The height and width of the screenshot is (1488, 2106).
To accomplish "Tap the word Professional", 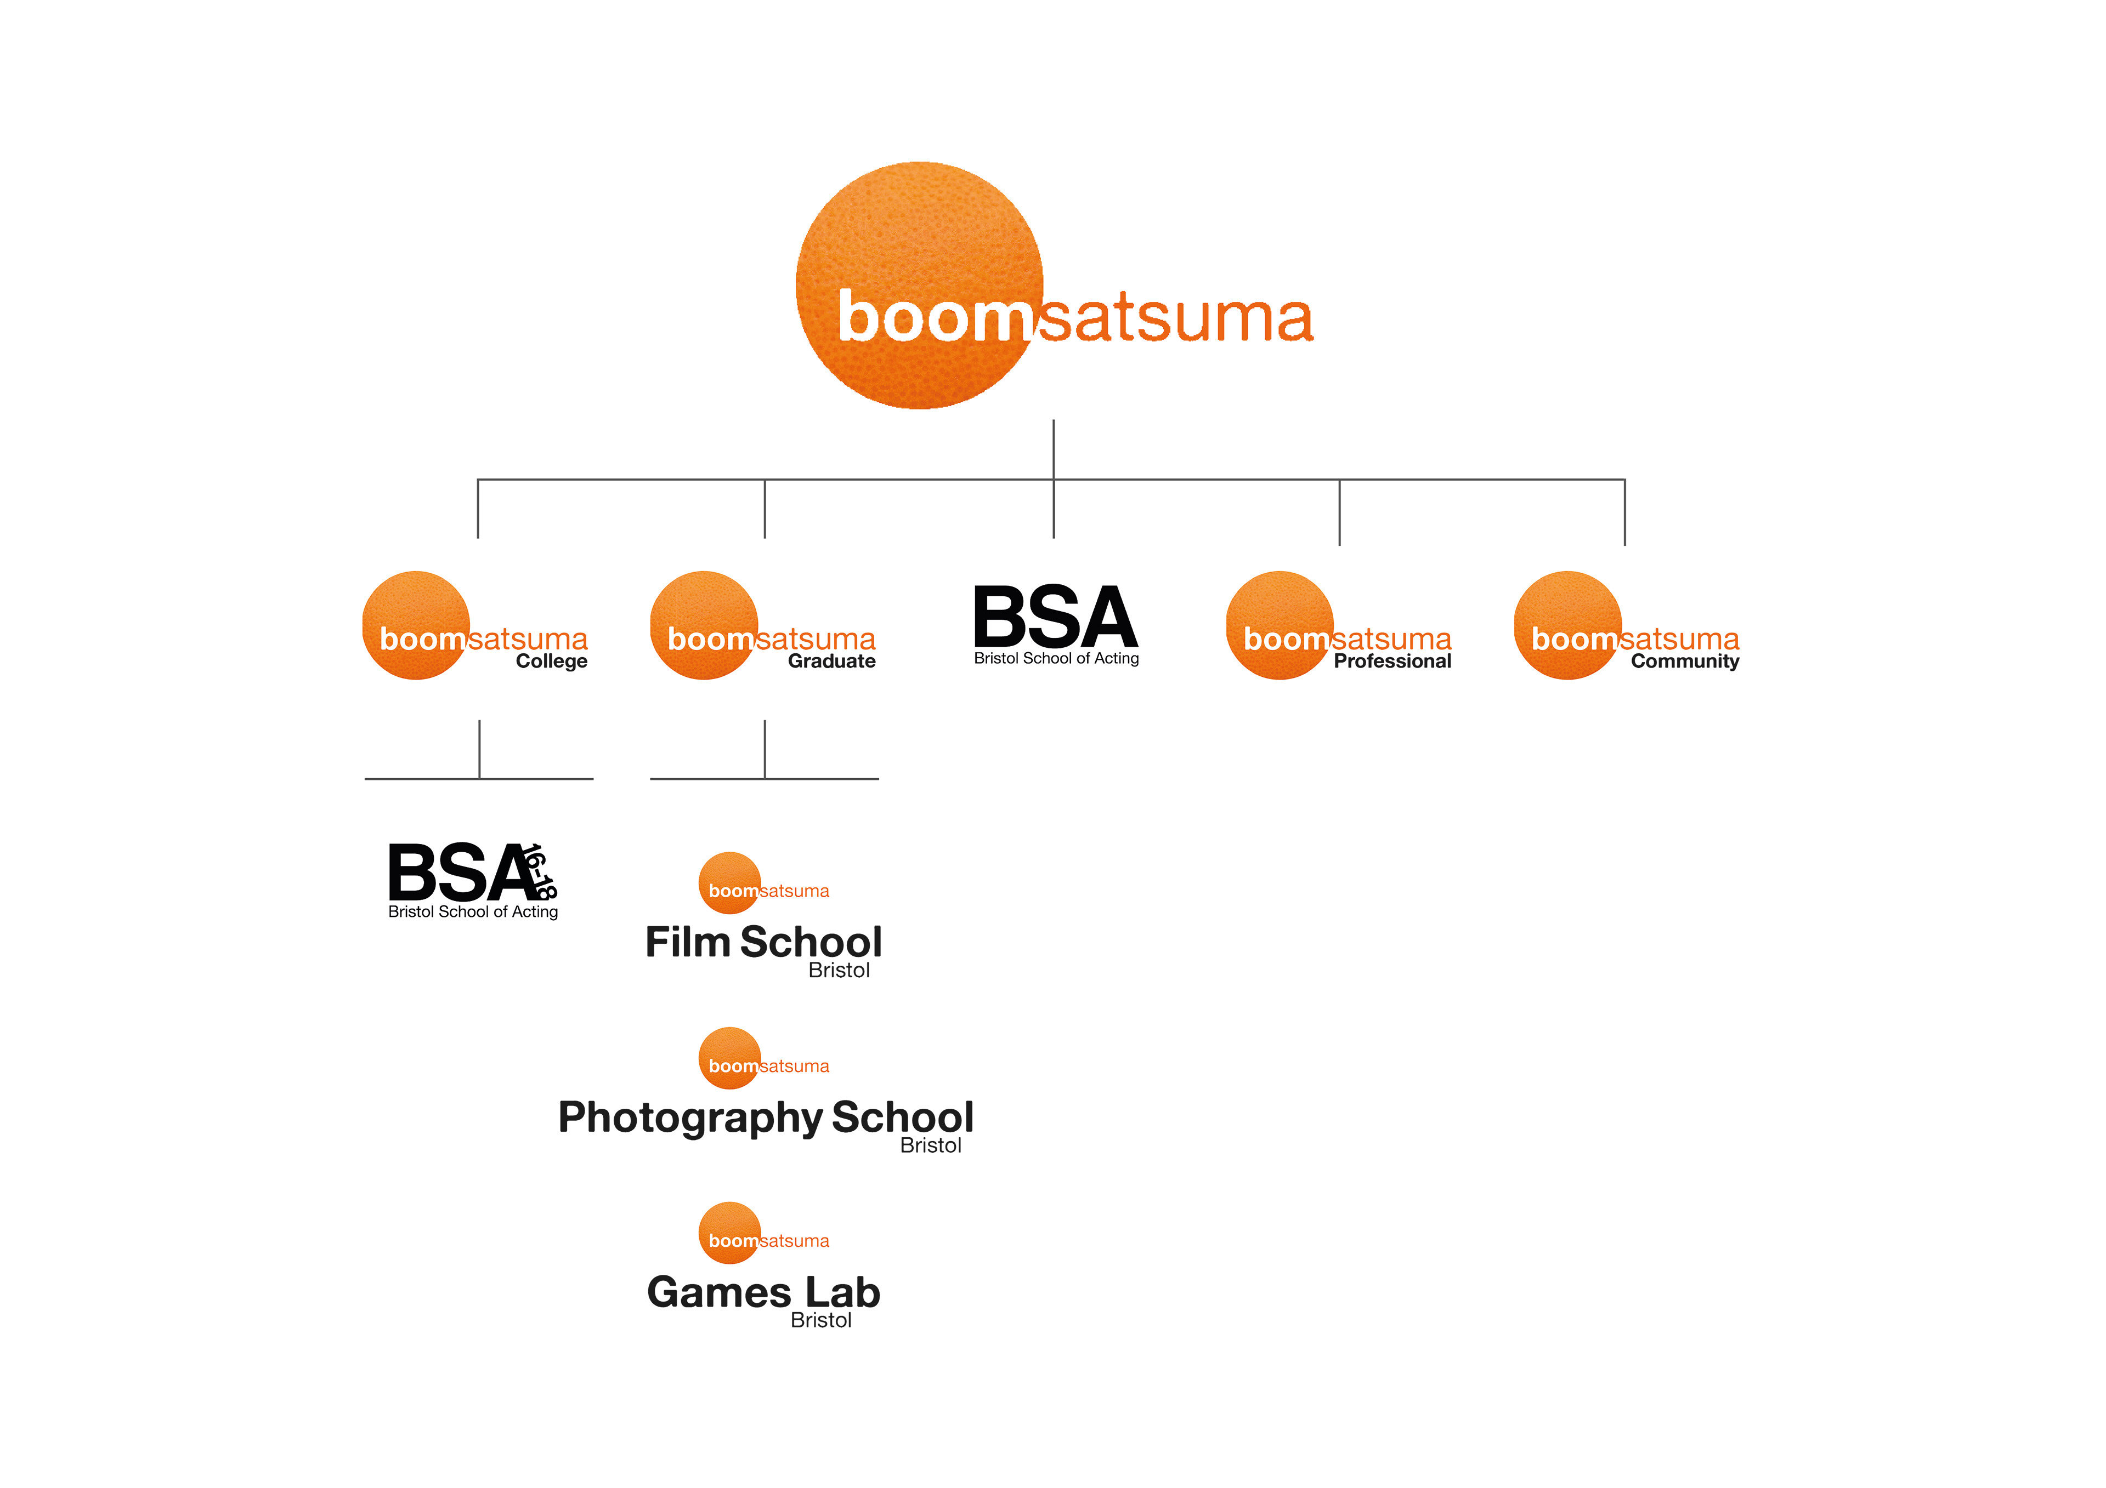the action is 1392,661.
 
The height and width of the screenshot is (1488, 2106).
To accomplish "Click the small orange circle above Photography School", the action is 729,1058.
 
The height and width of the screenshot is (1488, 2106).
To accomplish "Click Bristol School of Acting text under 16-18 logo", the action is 473,912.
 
